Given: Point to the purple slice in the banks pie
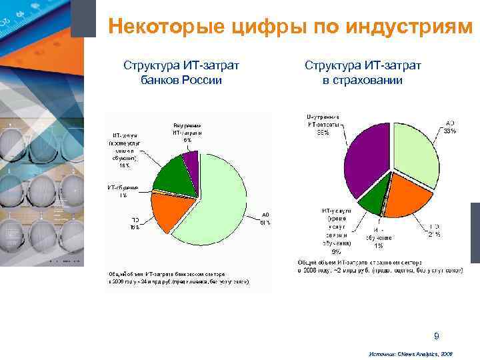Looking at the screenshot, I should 191,162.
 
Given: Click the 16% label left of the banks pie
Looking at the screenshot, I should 125,166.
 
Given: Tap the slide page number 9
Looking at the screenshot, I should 436,335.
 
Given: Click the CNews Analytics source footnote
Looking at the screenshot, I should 410,355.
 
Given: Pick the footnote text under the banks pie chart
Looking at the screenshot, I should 178,278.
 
